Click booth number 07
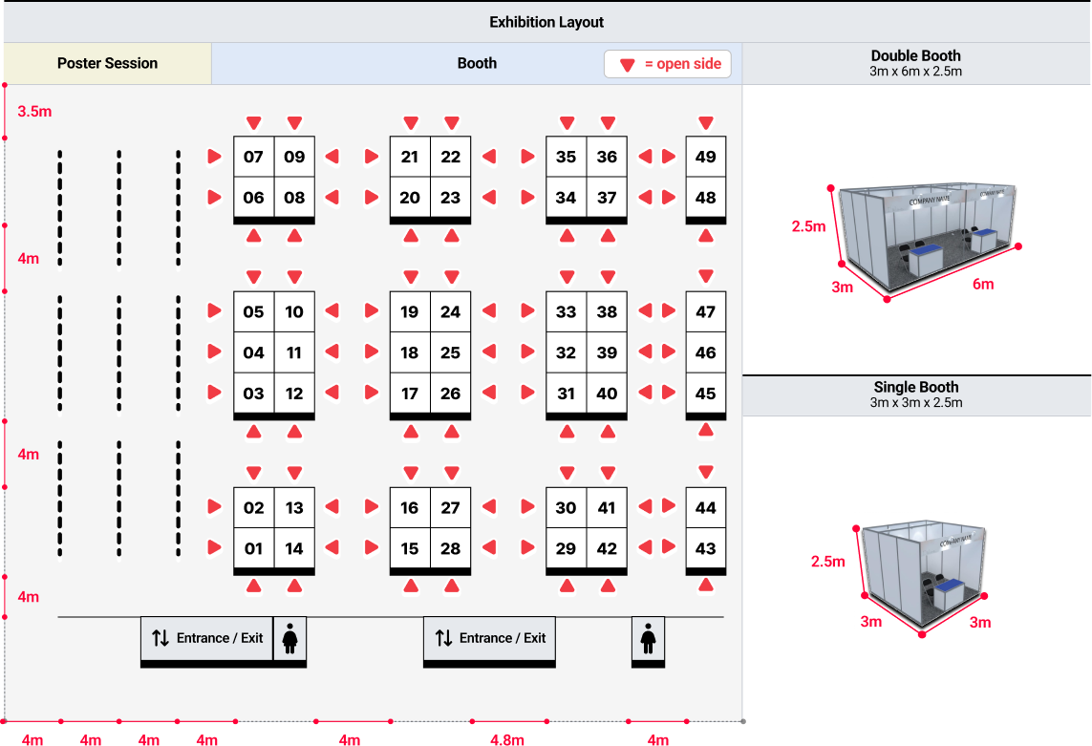(253, 157)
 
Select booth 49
(705, 157)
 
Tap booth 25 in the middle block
(451, 352)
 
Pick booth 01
(253, 549)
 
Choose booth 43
(705, 549)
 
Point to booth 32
(567, 352)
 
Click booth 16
(410, 508)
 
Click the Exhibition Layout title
(546, 22)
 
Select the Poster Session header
(107, 63)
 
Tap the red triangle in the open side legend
(628, 65)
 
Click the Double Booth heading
(916, 55)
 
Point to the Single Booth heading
(916, 387)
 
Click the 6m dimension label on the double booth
(983, 285)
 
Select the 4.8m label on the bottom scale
(507, 739)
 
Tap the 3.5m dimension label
(34, 112)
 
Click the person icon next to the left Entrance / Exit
(290, 639)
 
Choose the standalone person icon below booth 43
(649, 639)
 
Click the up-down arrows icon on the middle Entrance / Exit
(443, 638)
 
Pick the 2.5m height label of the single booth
(828, 562)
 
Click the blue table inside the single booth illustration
(950, 594)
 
